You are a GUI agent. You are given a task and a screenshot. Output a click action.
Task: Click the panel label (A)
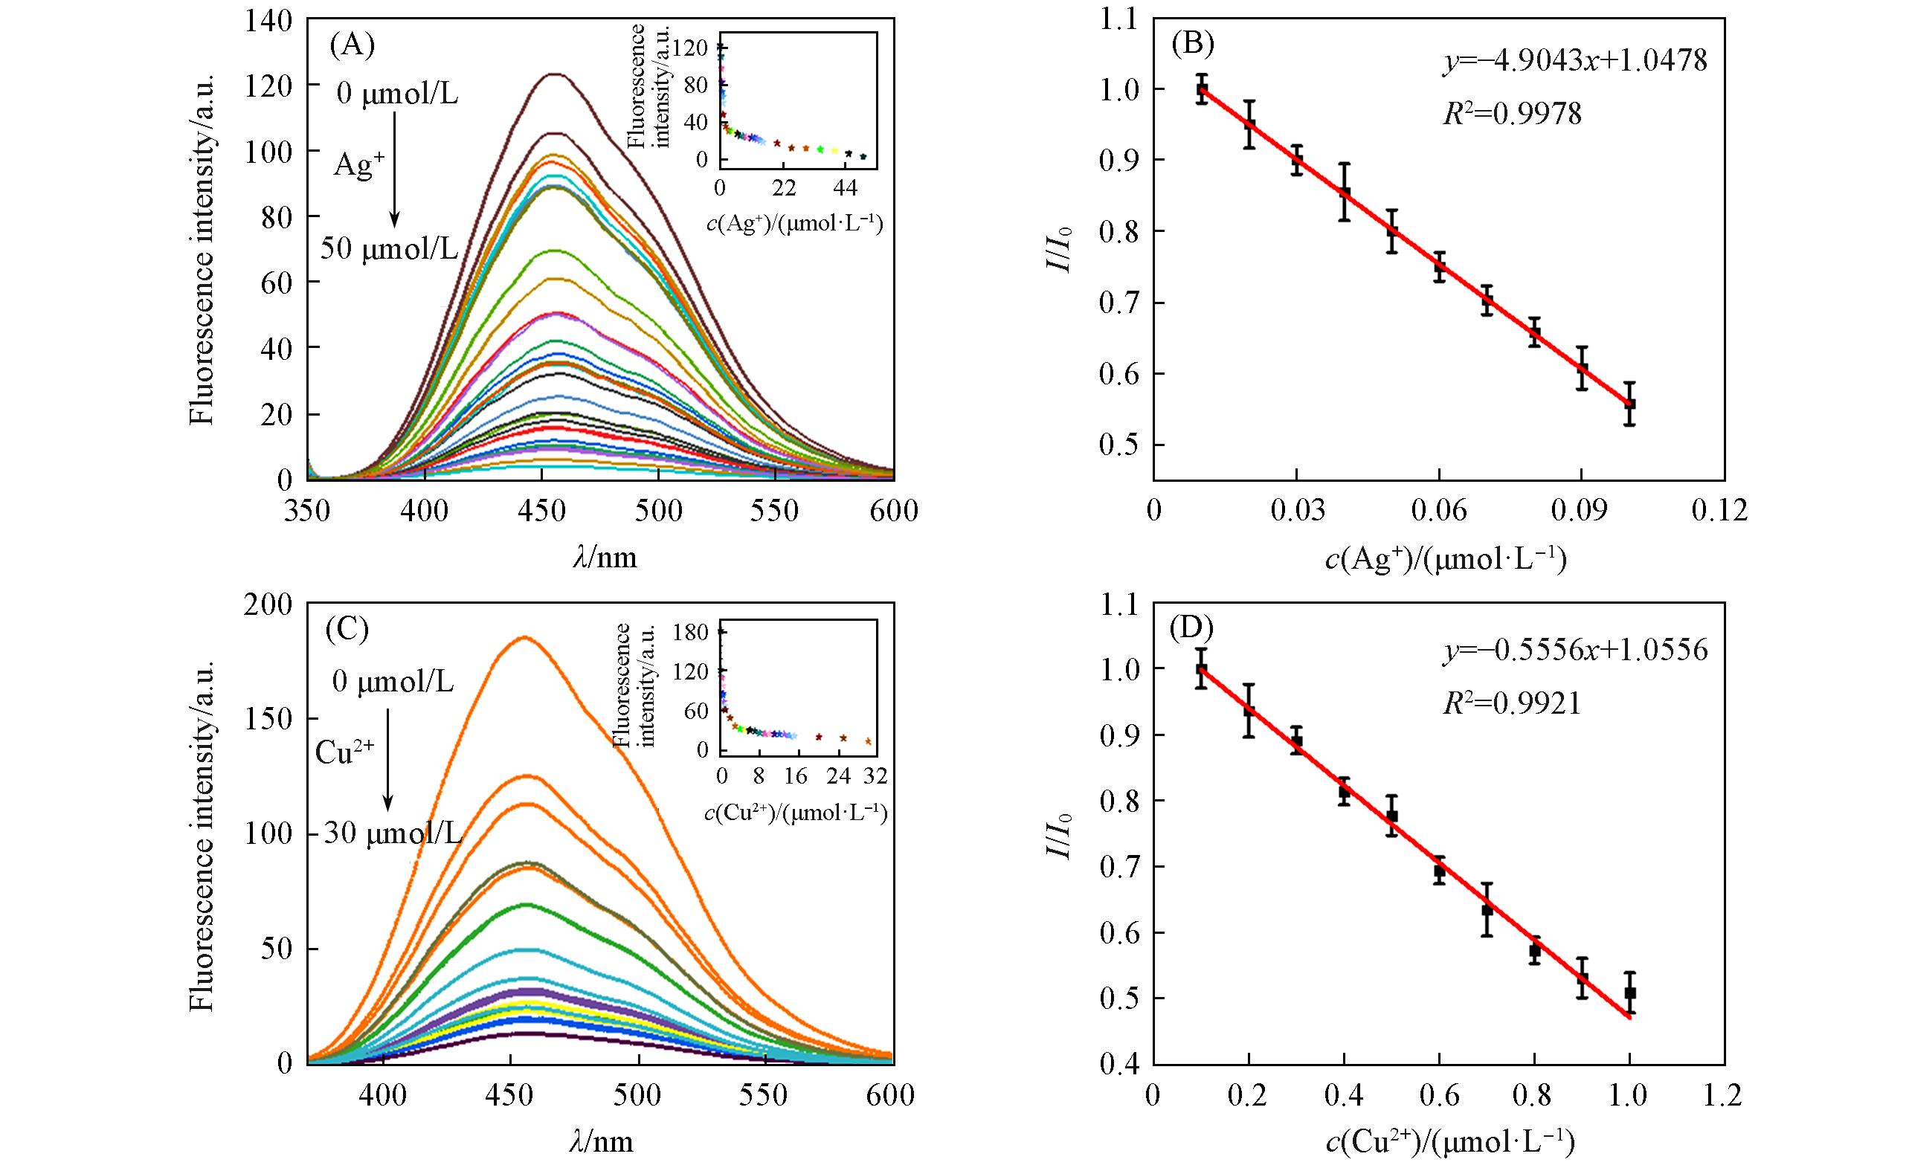coord(352,45)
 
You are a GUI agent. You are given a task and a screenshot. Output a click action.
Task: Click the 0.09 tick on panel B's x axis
coord(1581,512)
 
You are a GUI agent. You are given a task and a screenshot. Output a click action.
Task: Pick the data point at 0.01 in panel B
coord(1202,88)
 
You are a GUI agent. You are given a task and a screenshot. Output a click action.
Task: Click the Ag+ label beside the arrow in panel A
coord(358,164)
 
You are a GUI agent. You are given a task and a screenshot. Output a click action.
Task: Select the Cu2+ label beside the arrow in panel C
coord(345,751)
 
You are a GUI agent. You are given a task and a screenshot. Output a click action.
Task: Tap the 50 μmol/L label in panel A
coord(389,249)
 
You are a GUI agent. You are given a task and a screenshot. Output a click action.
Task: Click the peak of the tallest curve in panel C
coord(524,637)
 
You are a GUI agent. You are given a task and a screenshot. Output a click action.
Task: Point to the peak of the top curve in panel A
coord(555,74)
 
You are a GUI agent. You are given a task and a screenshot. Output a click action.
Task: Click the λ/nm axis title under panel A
coord(605,556)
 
